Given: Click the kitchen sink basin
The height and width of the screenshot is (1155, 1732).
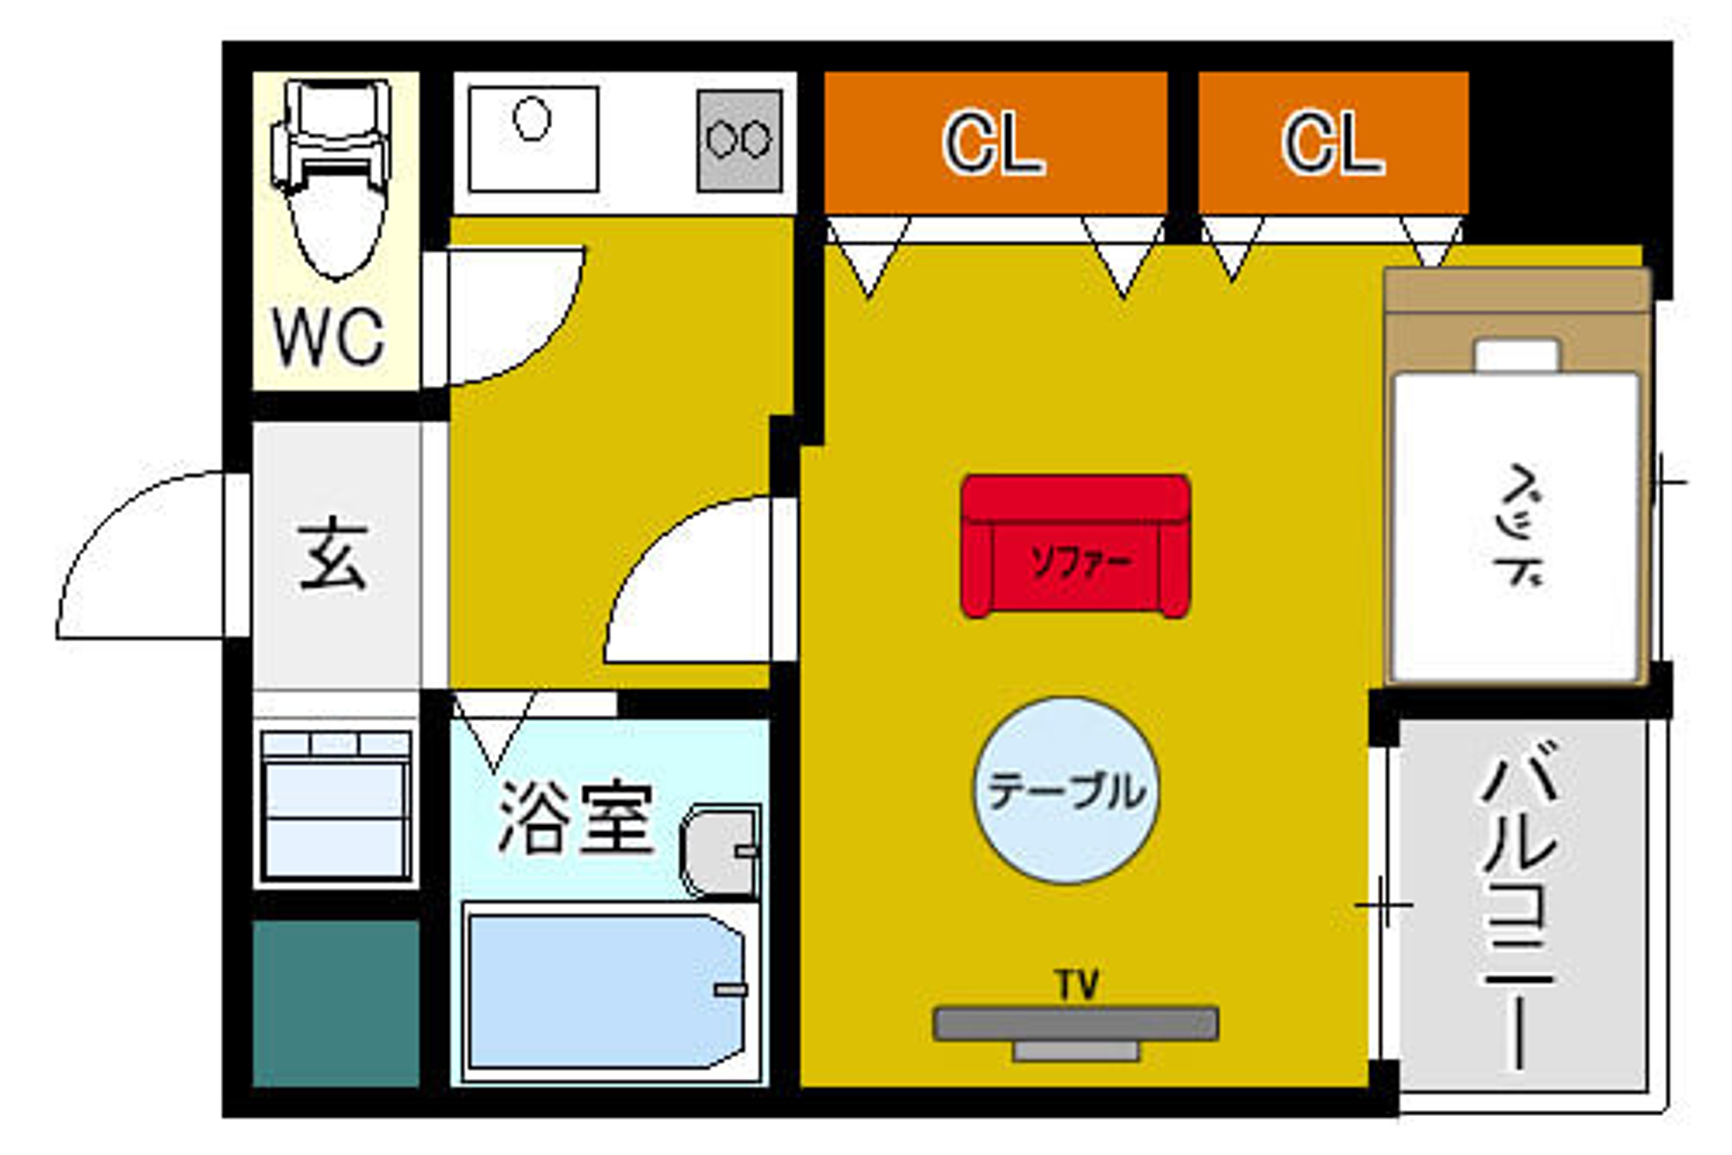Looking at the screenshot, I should (533, 139).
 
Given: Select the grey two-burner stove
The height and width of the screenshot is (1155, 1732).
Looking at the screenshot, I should (739, 140).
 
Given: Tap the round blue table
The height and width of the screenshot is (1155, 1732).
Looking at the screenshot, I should (1065, 791).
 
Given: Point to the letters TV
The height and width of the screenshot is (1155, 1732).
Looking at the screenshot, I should (1078, 985).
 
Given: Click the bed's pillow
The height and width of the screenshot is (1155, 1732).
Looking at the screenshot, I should (1517, 356).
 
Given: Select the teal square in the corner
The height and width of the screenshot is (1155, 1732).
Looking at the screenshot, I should (336, 1003).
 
